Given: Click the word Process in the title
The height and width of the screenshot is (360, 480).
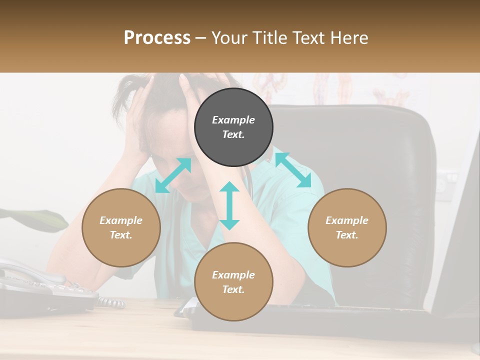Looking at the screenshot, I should (x=157, y=38).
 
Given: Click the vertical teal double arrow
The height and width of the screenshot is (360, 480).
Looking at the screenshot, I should (x=229, y=205).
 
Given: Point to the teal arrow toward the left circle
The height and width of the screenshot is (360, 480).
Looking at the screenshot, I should (x=173, y=175).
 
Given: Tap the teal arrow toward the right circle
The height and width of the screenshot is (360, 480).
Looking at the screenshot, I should (x=293, y=170).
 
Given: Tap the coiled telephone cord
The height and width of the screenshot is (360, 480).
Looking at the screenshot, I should (x=111, y=302).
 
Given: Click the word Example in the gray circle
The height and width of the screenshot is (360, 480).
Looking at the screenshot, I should (x=233, y=120).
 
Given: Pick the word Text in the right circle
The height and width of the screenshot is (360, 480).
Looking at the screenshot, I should (x=347, y=235).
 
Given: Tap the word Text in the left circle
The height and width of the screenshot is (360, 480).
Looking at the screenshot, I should (x=121, y=235).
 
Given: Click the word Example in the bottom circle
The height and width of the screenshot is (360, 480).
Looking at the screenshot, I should (x=233, y=275).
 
